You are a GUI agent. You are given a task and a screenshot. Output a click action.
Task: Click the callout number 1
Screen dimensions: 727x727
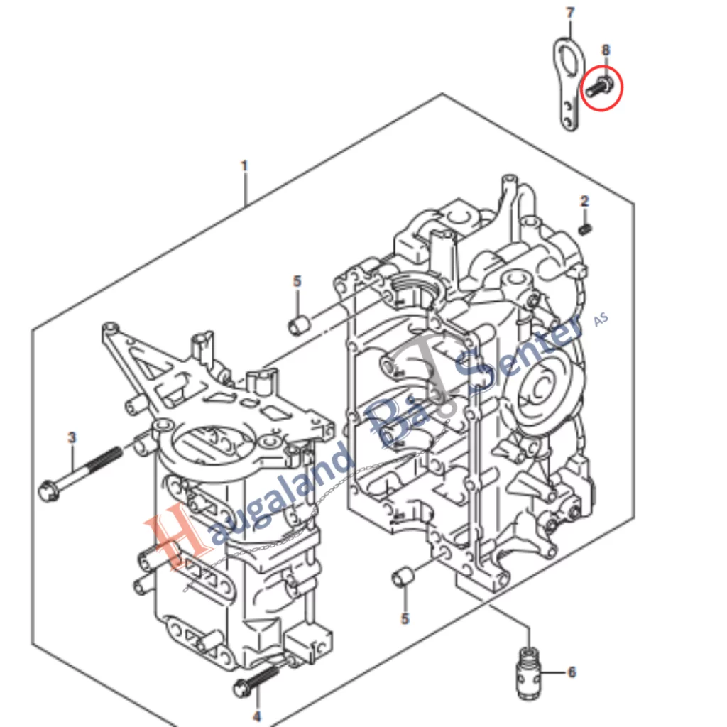tap(244, 166)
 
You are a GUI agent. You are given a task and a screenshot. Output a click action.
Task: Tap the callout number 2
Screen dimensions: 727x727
tap(584, 202)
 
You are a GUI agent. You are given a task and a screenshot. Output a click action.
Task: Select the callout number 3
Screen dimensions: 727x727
tap(71, 437)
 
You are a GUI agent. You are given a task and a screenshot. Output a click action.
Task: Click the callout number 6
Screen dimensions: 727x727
tap(572, 672)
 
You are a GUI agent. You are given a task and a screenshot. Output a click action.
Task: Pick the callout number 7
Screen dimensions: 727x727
tap(569, 13)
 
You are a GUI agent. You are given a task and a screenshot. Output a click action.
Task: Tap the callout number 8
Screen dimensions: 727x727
tap(606, 50)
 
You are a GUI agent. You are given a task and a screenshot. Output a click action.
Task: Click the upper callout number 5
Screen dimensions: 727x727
tap(297, 281)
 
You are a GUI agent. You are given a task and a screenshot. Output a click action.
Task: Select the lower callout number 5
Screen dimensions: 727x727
tap(405, 619)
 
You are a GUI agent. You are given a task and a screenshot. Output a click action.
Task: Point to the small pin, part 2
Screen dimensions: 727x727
tap(585, 229)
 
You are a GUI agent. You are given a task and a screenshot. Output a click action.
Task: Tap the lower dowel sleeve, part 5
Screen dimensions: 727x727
tap(403, 576)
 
